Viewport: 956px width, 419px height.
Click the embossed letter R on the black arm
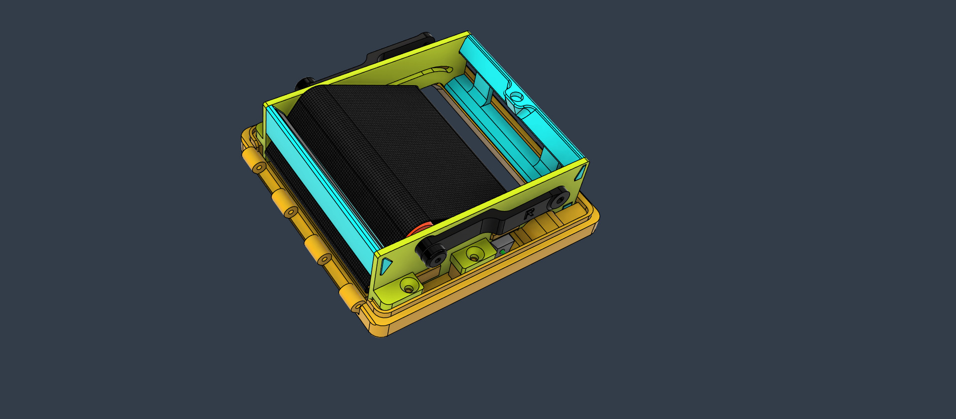click(529, 214)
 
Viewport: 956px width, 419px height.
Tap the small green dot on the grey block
click(502, 252)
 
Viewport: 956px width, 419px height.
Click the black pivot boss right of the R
click(558, 199)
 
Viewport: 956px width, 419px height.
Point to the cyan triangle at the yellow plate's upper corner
click(581, 173)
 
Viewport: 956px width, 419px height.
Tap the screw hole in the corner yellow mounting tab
click(409, 288)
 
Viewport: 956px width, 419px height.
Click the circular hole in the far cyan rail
click(516, 95)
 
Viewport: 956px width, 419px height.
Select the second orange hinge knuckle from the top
click(284, 204)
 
